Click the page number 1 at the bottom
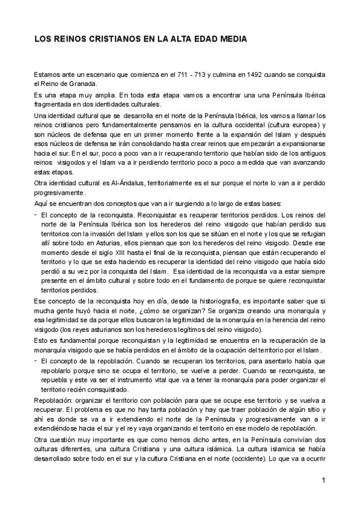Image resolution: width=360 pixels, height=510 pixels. tap(323, 480)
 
